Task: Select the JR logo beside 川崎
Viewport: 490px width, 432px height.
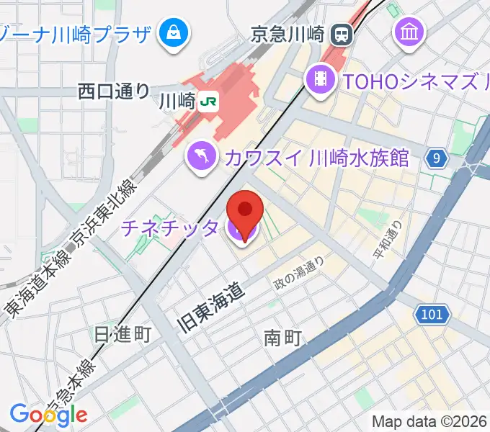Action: click(x=209, y=102)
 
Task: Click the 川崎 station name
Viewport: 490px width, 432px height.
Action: click(x=177, y=102)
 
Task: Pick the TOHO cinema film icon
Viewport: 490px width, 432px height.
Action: click(x=321, y=80)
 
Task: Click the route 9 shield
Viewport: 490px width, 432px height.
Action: click(x=435, y=158)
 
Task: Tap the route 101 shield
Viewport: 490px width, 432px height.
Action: click(x=432, y=314)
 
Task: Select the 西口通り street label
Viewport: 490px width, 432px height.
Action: click(x=114, y=91)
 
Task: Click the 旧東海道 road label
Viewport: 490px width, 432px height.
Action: click(x=213, y=307)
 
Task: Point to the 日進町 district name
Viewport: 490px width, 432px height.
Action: click(x=122, y=333)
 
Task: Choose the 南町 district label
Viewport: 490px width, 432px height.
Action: click(x=282, y=336)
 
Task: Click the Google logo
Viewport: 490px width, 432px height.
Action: click(x=48, y=415)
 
